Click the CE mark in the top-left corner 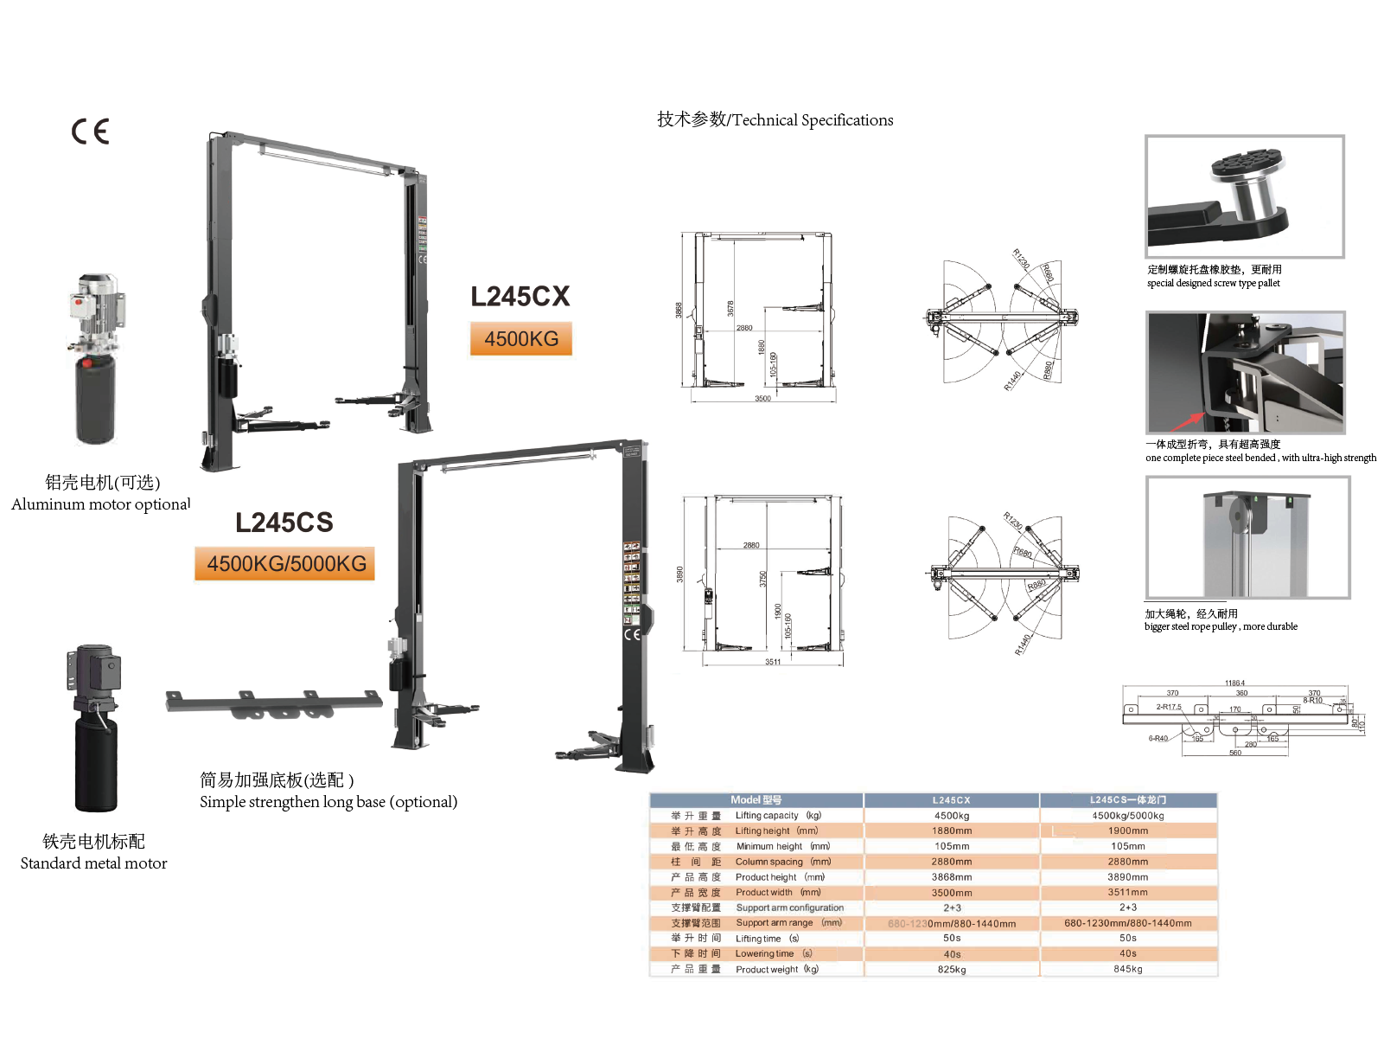[x=90, y=131]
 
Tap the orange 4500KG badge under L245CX [x=521, y=339]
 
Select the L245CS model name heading [x=284, y=523]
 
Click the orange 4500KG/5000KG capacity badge [x=286, y=564]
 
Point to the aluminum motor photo [x=96, y=359]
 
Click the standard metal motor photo [x=95, y=728]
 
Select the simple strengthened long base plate [x=273, y=703]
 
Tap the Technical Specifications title [x=775, y=120]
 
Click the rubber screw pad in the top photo [x=1247, y=164]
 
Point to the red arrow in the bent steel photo [x=1189, y=420]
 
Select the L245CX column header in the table [x=951, y=800]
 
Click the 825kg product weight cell [x=951, y=970]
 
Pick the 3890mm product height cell [x=1127, y=877]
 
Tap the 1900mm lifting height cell [x=1127, y=831]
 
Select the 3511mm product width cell [x=1127, y=892]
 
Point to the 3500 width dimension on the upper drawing [x=762, y=399]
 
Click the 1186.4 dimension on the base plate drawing [x=1234, y=683]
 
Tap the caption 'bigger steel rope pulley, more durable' [x=1221, y=626]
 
